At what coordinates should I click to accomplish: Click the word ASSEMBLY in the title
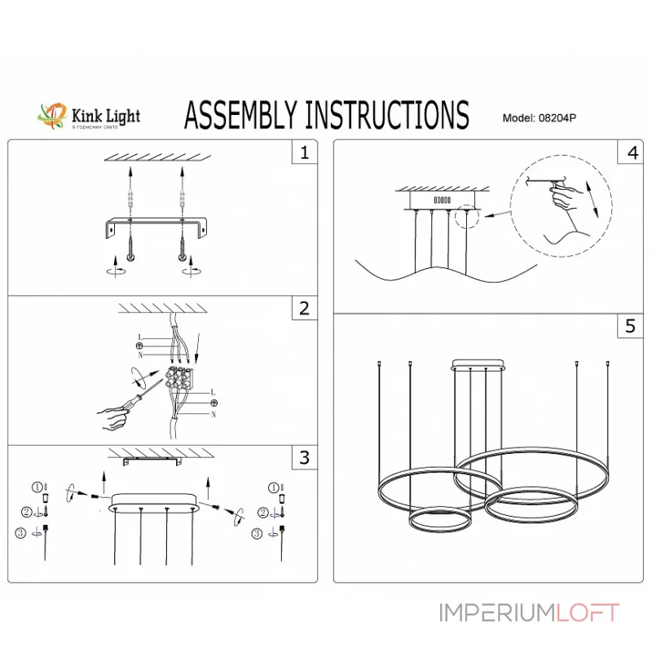click(x=241, y=116)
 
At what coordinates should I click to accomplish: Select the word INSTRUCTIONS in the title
click(x=386, y=116)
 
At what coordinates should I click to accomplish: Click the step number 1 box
click(x=304, y=152)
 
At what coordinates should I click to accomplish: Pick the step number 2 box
click(x=304, y=308)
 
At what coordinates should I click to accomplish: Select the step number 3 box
click(x=304, y=457)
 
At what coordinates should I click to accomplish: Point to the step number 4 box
click(x=631, y=152)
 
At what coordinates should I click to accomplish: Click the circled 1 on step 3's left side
click(x=36, y=487)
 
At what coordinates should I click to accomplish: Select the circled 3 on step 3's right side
click(x=258, y=534)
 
